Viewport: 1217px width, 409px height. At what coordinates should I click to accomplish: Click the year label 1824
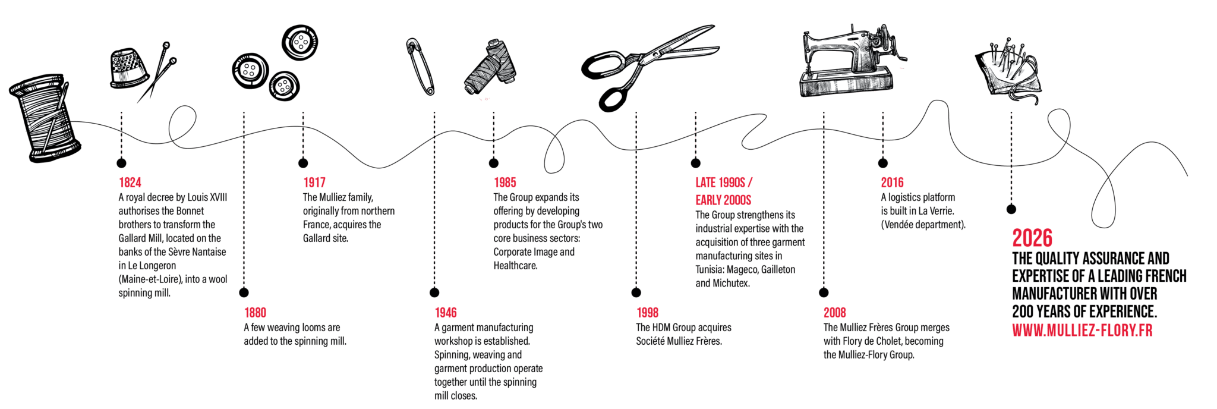click(x=130, y=183)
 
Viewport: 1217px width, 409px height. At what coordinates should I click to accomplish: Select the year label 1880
click(x=255, y=313)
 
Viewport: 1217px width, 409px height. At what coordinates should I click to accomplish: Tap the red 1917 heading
click(x=314, y=183)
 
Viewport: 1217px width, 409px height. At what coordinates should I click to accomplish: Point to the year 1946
click(x=446, y=313)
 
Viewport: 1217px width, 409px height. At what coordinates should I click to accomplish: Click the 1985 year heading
click(x=505, y=183)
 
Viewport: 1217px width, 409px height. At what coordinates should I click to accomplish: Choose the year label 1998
click(x=647, y=313)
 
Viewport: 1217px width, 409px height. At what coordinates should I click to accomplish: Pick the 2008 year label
click(x=835, y=313)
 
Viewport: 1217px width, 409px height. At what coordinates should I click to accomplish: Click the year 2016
click(x=892, y=183)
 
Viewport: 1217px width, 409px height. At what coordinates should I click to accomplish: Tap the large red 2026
click(x=1032, y=238)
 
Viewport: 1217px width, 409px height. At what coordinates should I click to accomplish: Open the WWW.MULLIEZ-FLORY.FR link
click(x=1082, y=331)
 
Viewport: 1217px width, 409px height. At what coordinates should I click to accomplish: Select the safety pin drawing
click(x=421, y=66)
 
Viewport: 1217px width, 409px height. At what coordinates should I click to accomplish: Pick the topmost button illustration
click(x=299, y=42)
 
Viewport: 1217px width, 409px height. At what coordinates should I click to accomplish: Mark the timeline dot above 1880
click(x=244, y=292)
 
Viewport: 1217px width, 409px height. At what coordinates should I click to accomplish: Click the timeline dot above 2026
click(x=1011, y=209)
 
